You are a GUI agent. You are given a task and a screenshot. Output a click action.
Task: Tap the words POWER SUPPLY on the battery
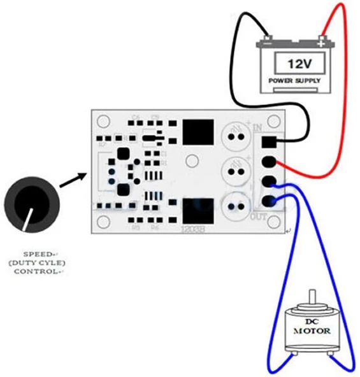pos(294,82)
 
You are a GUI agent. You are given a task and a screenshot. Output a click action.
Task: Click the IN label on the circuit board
pos(257,129)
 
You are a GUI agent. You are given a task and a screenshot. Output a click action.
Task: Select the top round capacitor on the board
pos(234,134)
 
